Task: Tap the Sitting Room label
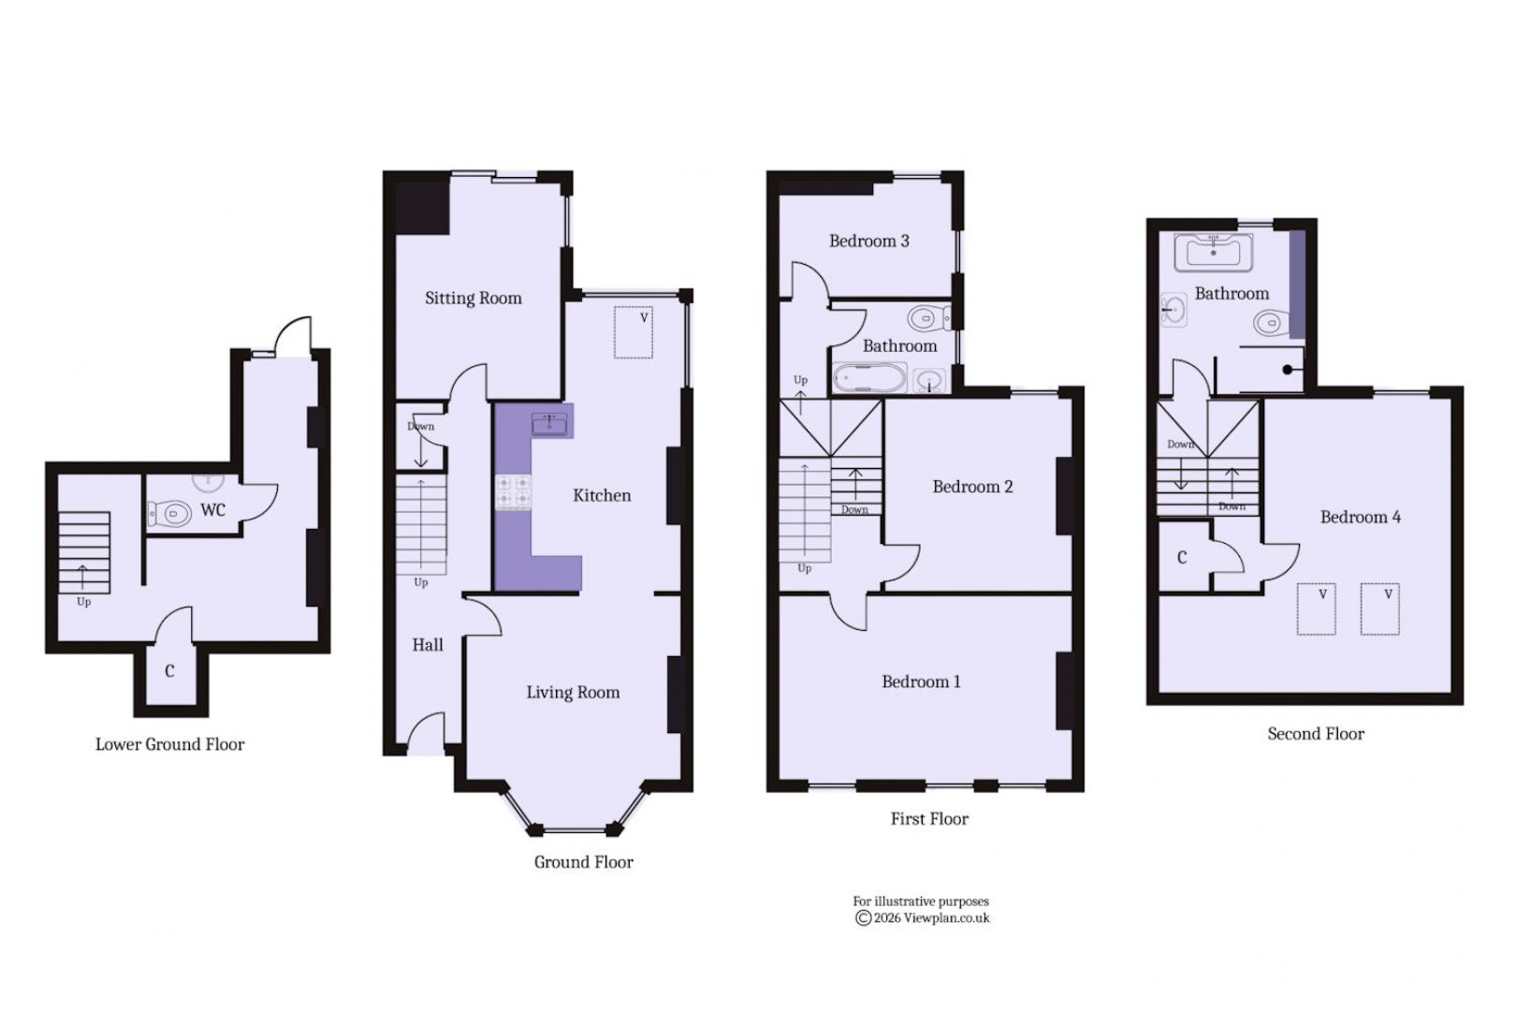coord(473,298)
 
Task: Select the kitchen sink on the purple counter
coord(549,424)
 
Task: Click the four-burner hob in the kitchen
coord(513,492)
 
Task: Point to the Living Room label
coord(573,692)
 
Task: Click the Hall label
coord(428,644)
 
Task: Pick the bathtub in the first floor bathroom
coord(869,378)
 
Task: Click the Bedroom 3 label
coord(868,241)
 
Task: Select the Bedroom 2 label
coord(972,486)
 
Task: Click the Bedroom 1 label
coord(921,681)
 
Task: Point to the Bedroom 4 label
coord(1360,517)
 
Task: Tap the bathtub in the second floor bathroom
coord(1213,251)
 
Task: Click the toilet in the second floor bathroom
coord(1268,324)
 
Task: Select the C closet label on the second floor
coord(1182,558)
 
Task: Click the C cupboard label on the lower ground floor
coord(169,671)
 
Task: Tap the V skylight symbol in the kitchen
coord(634,332)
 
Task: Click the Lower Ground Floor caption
coord(169,744)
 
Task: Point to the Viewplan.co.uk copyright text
coord(922,918)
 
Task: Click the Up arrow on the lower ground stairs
coord(83,577)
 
